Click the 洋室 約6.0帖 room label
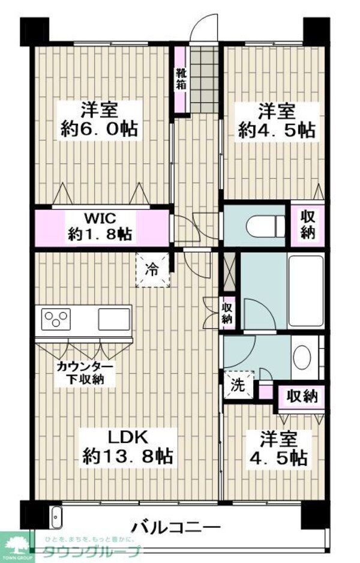[x=100, y=119]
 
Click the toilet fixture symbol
[x=265, y=226]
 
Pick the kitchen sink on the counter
[x=114, y=318]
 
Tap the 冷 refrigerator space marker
[x=153, y=271]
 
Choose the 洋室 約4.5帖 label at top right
[x=277, y=119]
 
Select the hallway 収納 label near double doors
[x=227, y=312]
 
